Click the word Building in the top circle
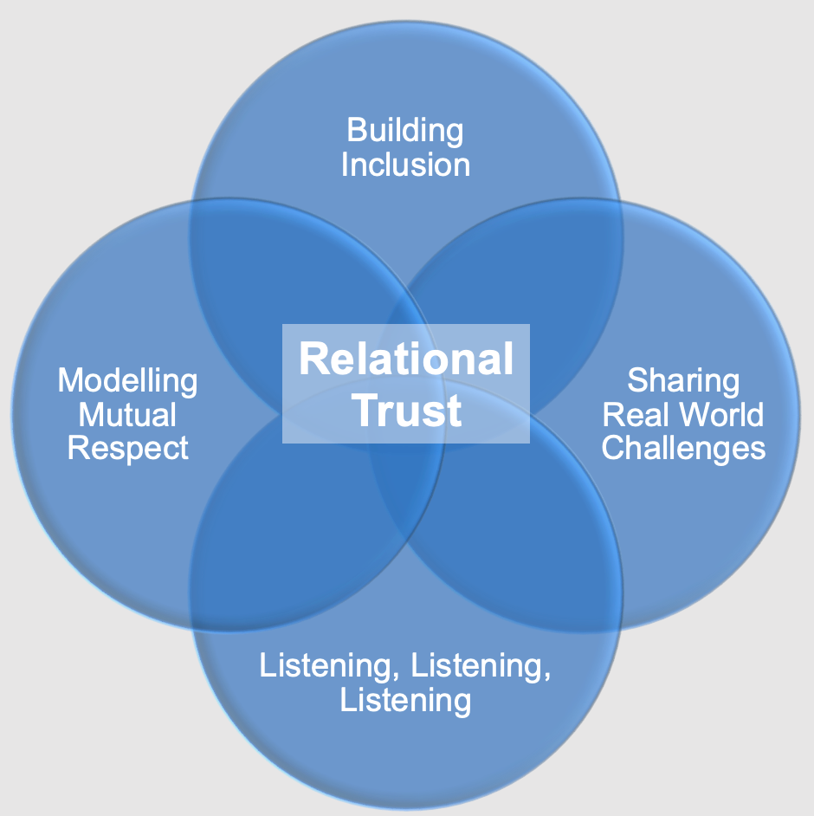[x=405, y=131]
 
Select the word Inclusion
[x=405, y=165]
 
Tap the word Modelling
[x=127, y=380]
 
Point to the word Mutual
[x=127, y=415]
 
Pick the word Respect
[x=127, y=449]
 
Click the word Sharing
[x=683, y=380]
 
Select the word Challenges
[x=683, y=449]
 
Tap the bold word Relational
[x=406, y=359]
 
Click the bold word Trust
[x=406, y=410]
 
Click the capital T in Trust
[x=364, y=410]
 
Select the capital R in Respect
[x=77, y=449]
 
